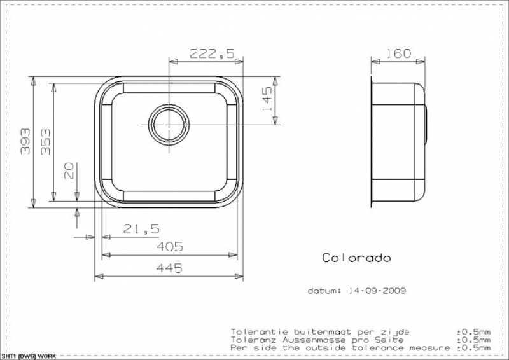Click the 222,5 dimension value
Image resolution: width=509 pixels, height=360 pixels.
(212, 53)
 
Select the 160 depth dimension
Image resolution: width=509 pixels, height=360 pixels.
(398, 53)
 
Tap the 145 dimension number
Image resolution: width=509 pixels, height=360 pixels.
(267, 99)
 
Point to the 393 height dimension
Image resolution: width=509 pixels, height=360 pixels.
(25, 141)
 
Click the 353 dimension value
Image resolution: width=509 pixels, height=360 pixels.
(45, 142)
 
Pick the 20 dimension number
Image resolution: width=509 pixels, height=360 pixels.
(69, 170)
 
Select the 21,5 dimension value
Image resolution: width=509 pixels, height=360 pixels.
(141, 229)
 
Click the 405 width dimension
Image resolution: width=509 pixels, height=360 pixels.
(170, 247)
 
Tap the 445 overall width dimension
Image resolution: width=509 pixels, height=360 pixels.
(169, 268)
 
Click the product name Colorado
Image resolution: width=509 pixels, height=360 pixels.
(356, 258)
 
